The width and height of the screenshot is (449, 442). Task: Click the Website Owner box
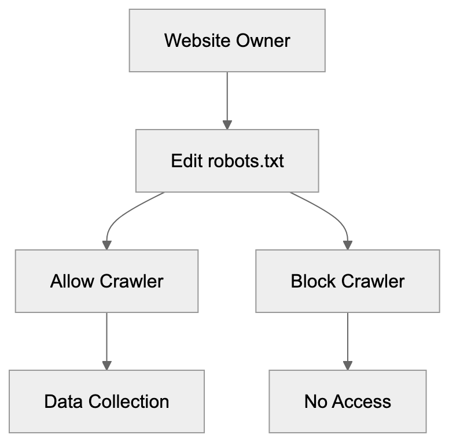tap(227, 40)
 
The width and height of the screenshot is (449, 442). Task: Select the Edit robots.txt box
tap(227, 160)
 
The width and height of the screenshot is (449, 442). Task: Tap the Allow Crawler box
tap(106, 281)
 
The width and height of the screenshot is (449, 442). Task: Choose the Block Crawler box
tap(347, 281)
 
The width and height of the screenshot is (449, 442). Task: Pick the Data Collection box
tap(106, 402)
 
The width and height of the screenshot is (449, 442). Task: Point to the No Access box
tap(347, 402)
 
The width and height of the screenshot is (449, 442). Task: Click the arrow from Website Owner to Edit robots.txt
tap(227, 98)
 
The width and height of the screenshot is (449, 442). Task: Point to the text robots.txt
tap(246, 160)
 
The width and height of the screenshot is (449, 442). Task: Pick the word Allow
tap(73, 281)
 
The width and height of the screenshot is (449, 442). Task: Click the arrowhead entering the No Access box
tap(347, 365)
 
